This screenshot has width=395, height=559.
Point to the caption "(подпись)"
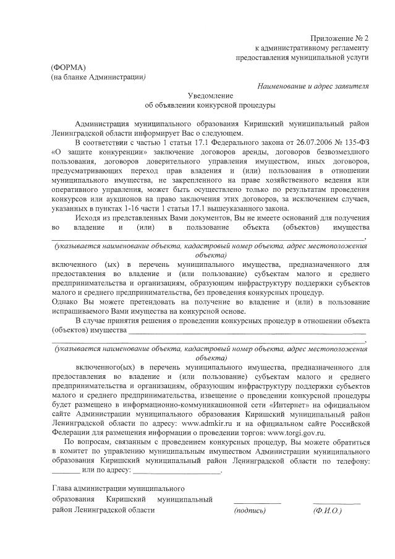pyautogui.click(x=250, y=511)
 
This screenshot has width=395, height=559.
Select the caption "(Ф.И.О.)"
pyautogui.click(x=328, y=511)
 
